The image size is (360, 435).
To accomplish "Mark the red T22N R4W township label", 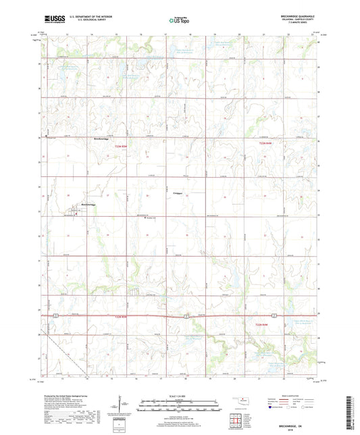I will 267,324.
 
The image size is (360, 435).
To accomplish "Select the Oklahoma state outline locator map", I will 240,402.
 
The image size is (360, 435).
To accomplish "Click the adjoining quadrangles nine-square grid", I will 240,420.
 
